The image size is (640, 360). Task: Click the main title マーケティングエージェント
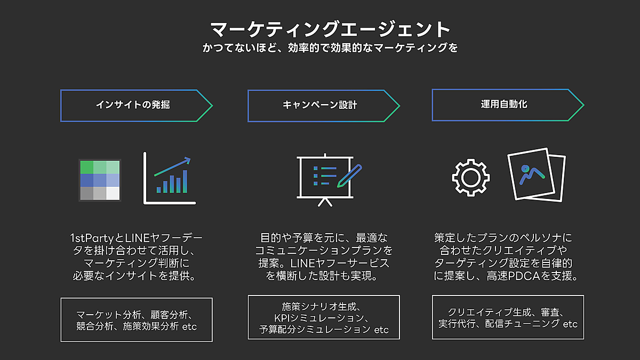330,29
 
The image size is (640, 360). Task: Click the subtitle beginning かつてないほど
330,47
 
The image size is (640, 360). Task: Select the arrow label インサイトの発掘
133,105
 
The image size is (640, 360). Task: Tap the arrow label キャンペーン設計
319,105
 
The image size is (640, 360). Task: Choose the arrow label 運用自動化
504,104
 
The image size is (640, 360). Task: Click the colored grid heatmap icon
100,180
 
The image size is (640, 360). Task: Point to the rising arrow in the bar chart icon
172,166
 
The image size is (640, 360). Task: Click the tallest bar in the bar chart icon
185,181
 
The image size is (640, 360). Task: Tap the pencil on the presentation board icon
349,176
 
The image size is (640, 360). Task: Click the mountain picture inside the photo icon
532,174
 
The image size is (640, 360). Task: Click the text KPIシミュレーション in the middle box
319,318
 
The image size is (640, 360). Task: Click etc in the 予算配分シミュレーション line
381,330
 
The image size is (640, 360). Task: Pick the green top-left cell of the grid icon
87,167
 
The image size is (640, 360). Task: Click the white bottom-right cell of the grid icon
113,194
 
